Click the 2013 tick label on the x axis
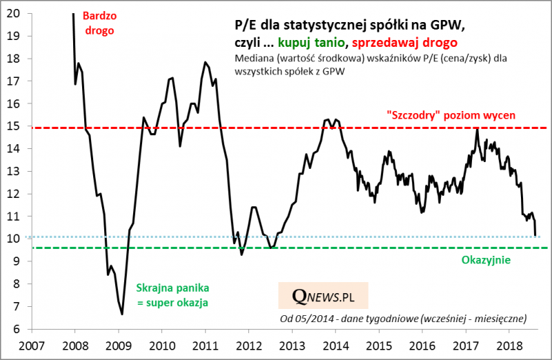pos(294,344)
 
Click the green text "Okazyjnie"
pos(482,260)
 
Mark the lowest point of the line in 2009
pos(122,314)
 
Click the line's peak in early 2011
pos(205,63)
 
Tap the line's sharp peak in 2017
pos(477,129)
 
